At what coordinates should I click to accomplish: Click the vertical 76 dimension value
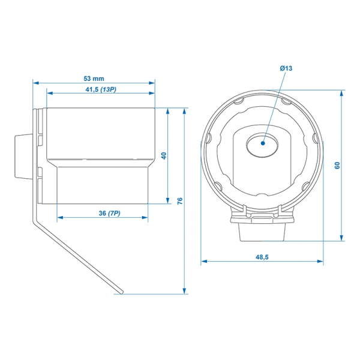coord(180,200)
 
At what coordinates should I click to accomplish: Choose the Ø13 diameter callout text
coord(286,70)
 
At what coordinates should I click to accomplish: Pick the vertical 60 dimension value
coord(337,164)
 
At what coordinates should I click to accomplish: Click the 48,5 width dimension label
coord(262,257)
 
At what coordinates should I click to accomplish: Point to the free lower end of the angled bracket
coord(121,292)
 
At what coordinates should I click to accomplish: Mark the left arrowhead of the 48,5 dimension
coord(202,262)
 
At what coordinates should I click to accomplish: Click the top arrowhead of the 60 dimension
coord(343,91)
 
